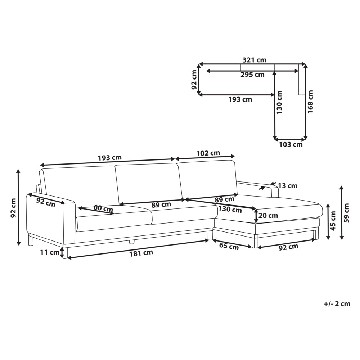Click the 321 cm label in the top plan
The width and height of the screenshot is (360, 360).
coord(255,60)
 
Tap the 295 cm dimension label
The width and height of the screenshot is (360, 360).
coord(253,75)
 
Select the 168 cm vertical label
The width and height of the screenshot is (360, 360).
coord(310,102)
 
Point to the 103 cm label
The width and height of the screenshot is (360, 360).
coord(291,144)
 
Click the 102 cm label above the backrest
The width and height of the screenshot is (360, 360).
coord(208,153)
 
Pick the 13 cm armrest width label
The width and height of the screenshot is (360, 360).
coord(288,185)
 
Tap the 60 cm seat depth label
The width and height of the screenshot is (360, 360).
coord(103,208)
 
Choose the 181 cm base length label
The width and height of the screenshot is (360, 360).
coord(141,253)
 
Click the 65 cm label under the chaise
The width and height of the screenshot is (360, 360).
coord(229,246)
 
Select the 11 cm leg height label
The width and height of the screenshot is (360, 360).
coord(50,252)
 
